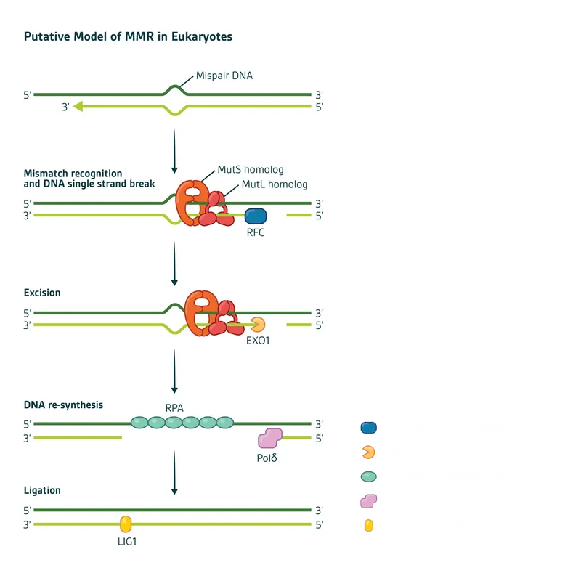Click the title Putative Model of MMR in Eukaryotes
pyautogui.click(x=128, y=36)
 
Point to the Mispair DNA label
pyautogui.click(x=224, y=76)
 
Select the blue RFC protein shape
pyautogui.click(x=256, y=216)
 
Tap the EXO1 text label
pyautogui.click(x=258, y=340)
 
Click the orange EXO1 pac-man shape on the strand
pyautogui.click(x=258, y=325)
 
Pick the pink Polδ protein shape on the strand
pyautogui.click(x=270, y=438)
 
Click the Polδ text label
pyautogui.click(x=267, y=458)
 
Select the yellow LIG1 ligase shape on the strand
pyautogui.click(x=126, y=524)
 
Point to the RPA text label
pyautogui.click(x=174, y=408)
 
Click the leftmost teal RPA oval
pyautogui.click(x=139, y=422)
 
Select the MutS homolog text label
pyautogui.click(x=251, y=170)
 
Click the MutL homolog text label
pyautogui.click(x=275, y=184)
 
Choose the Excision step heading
pyautogui.click(x=42, y=293)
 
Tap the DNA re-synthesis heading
pyautogui.click(x=63, y=405)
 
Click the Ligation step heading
pyautogui.click(x=42, y=491)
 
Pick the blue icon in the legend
pyautogui.click(x=369, y=428)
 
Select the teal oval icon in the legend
pyautogui.click(x=369, y=477)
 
